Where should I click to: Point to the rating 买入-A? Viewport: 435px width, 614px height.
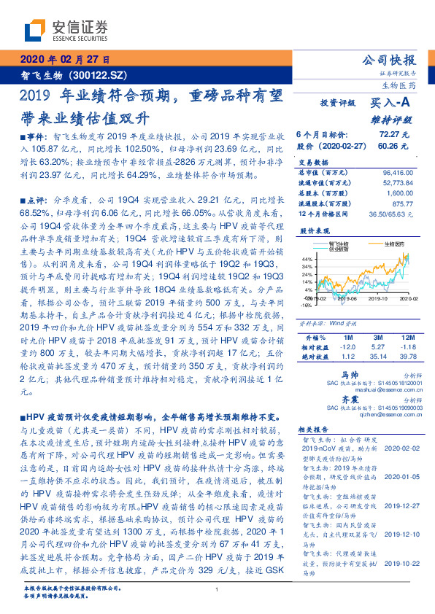point(391,104)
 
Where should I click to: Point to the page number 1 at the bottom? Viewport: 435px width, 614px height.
point(217,588)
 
